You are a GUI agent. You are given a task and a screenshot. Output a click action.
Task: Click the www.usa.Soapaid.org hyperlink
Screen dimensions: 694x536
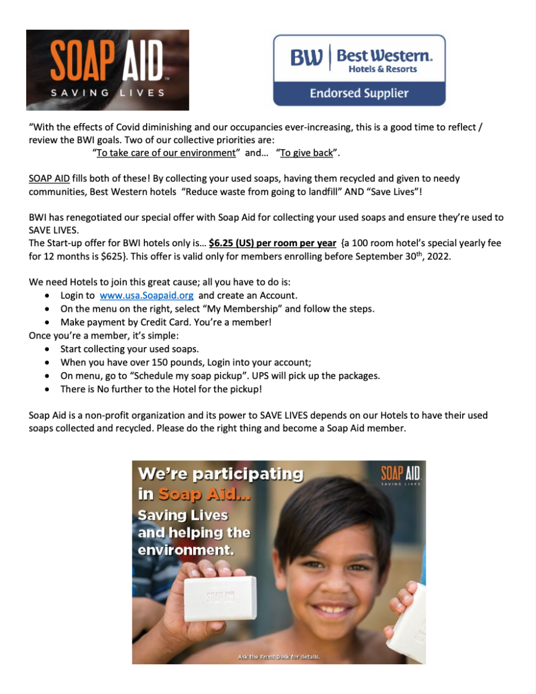click(147, 295)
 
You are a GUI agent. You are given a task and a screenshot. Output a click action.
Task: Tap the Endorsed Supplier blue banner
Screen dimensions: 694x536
click(359, 93)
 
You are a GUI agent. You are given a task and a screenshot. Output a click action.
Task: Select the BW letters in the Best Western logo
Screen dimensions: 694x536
click(306, 58)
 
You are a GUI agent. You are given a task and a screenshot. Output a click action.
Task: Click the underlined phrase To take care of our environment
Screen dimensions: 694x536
click(166, 153)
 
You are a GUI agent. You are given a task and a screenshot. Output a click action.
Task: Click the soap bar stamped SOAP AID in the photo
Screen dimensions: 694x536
click(221, 596)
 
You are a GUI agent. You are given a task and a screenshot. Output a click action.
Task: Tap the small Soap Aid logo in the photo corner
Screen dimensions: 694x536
click(401, 475)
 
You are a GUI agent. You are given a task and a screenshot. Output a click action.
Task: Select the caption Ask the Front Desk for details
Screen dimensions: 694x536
click(279, 657)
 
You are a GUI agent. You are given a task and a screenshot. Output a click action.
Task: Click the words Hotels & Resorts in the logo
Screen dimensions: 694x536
click(383, 69)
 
